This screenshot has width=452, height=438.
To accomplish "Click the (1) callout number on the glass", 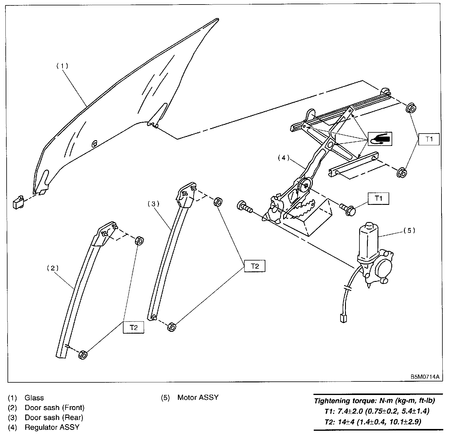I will click(63, 66).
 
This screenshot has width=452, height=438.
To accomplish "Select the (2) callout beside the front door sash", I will click(53, 268).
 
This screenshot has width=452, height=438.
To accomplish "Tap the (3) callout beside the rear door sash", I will click(153, 204).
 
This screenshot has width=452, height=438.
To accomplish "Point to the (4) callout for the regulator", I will click(283, 158).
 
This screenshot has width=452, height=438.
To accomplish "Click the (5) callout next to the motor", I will click(409, 230).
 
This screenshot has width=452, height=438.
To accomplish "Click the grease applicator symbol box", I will click(380, 139).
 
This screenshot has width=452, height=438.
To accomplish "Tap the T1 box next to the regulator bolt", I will click(379, 199).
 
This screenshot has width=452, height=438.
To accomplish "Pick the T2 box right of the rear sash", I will click(255, 266).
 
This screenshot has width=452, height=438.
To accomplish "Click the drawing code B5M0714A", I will click(425, 377).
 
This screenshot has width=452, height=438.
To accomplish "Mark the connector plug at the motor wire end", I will click(342, 318).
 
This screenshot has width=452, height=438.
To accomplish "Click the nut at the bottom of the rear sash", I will click(171, 327).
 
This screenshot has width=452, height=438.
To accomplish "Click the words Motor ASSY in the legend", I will click(198, 397).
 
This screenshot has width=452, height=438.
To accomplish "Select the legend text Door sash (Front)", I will click(54, 408).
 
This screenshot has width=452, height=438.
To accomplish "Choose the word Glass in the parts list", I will click(34, 398).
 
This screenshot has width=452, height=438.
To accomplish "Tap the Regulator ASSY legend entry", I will click(52, 427).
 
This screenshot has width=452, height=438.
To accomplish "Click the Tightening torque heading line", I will click(374, 401).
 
